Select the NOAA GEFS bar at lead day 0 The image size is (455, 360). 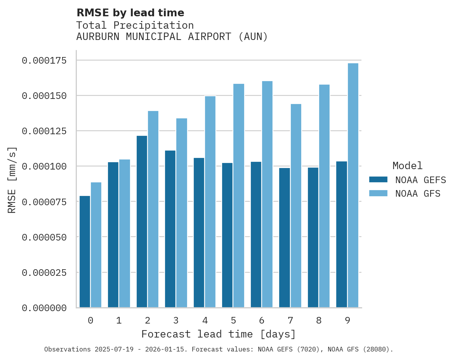(x=85, y=252)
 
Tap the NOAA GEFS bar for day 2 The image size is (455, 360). (x=142, y=222)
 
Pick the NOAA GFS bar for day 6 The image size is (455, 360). (x=267, y=194)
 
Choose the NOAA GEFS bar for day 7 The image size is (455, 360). (x=285, y=237)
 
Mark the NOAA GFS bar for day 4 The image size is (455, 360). (x=210, y=202)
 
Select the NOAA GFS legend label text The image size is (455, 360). (x=418, y=193)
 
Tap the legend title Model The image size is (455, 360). (x=407, y=166)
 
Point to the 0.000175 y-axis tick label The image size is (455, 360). (x=44, y=61)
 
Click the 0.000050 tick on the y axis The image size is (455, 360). (x=44, y=237)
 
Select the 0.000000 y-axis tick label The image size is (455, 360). (x=44, y=308)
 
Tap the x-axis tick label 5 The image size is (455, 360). (x=233, y=320)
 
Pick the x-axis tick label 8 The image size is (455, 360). (x=319, y=320)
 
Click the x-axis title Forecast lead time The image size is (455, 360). (x=219, y=334)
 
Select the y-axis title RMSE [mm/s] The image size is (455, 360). (x=12, y=180)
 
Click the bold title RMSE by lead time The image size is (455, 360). (x=130, y=13)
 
